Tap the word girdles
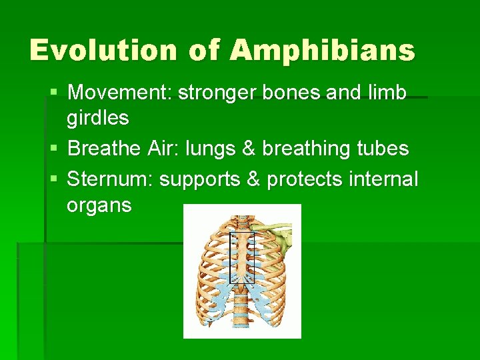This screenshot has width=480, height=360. pos(97,119)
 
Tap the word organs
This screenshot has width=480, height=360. pos(99,206)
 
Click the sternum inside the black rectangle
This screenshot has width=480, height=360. pos(241,257)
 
